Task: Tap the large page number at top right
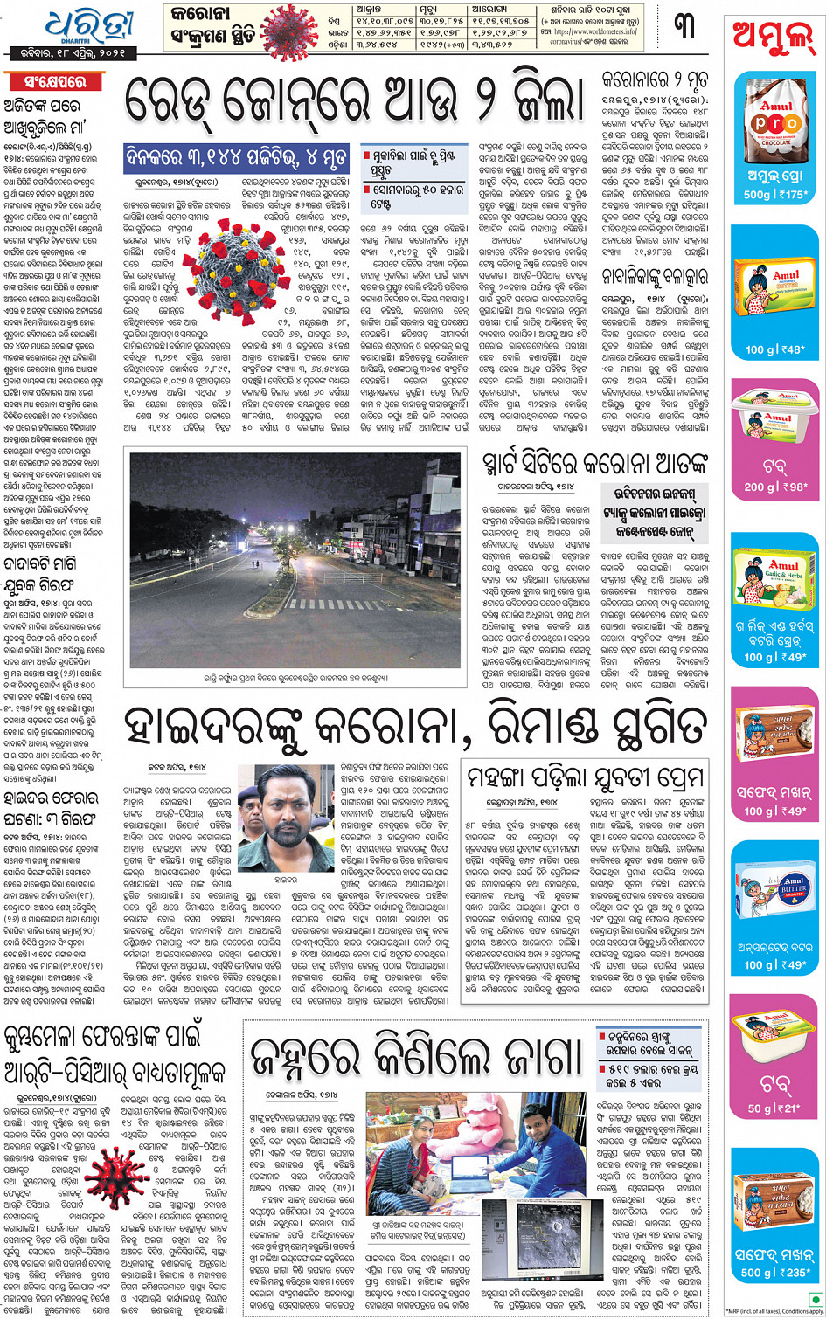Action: tap(685, 25)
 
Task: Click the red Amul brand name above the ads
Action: tap(773, 39)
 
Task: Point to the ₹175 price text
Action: tap(793, 195)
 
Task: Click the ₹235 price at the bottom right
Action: tap(793, 1273)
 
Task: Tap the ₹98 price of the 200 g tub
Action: tap(792, 487)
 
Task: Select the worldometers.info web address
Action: tap(593, 31)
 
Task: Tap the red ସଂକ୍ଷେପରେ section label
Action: tap(52, 82)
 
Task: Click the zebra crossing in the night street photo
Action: tap(317, 604)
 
